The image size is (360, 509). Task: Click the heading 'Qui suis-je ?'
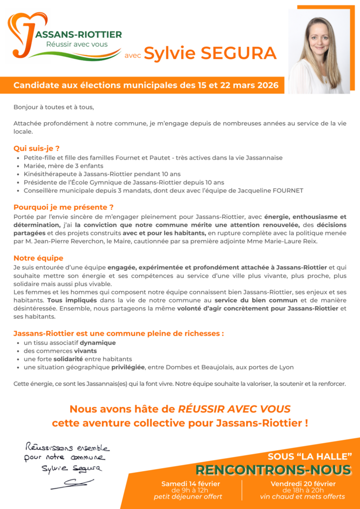click(37, 148)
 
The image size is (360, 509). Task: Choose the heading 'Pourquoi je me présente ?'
click(64, 207)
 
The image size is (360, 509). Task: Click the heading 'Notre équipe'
click(38, 258)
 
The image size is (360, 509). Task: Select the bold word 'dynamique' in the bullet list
click(97, 343)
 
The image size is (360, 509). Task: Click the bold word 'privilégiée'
click(128, 367)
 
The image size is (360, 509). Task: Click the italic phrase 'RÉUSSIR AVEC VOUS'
click(234, 409)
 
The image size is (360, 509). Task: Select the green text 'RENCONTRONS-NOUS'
click(273, 470)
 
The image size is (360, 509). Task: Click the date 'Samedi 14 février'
click(190, 484)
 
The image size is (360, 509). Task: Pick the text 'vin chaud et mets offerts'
click(302, 497)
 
